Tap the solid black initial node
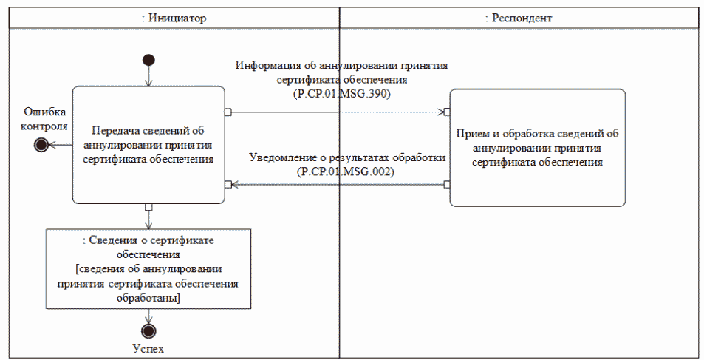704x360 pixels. click(x=148, y=60)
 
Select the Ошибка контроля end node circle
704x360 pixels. click(x=41, y=145)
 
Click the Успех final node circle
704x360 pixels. click(x=148, y=330)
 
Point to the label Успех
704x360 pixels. click(x=148, y=347)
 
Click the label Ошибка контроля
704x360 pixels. click(x=45, y=118)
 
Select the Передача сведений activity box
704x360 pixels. click(x=148, y=145)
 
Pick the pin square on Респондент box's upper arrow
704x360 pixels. click(x=447, y=112)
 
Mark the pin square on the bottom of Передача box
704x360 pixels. click(x=148, y=206)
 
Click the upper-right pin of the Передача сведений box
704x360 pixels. click(x=228, y=112)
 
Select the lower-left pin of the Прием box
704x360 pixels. click(x=447, y=184)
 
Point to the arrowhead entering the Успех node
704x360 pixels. click(x=148, y=319)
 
